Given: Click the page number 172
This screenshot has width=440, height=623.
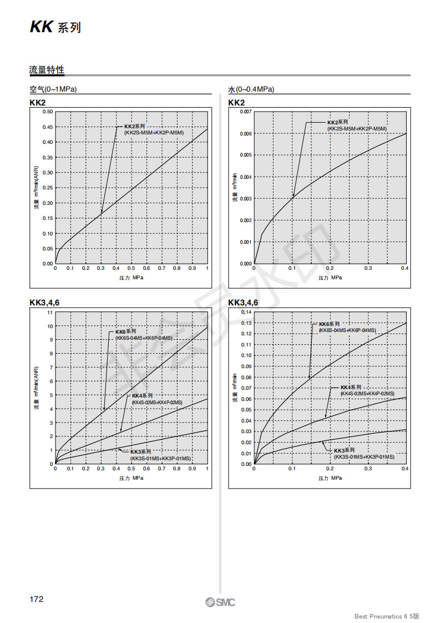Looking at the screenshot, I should [37, 599].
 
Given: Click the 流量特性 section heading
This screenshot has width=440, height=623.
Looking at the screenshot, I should [47, 70].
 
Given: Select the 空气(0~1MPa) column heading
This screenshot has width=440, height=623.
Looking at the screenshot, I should [53, 89].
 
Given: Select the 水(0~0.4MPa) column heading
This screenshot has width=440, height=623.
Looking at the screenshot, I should [251, 89].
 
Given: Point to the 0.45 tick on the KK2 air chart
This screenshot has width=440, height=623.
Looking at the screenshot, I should [47, 127].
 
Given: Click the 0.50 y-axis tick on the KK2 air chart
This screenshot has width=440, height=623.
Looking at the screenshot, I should [47, 112].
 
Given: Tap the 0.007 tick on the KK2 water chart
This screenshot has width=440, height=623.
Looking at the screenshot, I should [245, 112].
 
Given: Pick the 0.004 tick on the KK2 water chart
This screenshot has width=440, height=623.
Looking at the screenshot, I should [245, 177].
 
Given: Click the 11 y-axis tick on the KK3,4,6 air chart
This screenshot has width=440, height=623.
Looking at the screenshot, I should [50, 313].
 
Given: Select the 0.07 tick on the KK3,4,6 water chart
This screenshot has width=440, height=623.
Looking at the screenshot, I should [246, 388].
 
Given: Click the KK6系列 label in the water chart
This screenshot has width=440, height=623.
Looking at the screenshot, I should [329, 324].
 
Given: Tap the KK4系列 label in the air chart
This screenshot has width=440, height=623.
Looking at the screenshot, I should [142, 396].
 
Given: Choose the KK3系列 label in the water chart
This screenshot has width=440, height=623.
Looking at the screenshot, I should [360, 450].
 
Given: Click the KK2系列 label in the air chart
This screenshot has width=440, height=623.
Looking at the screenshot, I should [134, 127].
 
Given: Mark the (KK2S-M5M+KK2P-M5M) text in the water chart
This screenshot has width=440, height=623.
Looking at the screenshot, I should [357, 129].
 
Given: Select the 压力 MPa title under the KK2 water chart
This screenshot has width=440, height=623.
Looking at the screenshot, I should [330, 278].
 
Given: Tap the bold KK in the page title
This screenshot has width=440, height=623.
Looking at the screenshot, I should [41, 28].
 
